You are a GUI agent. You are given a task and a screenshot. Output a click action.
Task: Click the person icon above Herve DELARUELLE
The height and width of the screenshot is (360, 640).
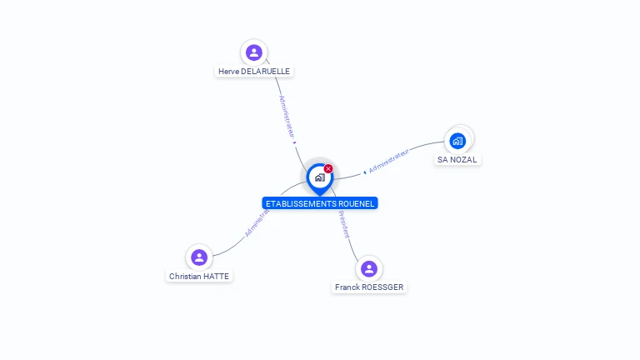coord(254,52)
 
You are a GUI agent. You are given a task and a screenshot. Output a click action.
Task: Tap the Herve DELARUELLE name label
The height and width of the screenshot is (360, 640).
coord(254,72)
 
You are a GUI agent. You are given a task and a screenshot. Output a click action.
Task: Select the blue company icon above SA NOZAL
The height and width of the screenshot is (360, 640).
coord(457,140)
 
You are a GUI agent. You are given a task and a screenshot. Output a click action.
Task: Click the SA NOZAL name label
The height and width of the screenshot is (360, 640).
coord(457,159)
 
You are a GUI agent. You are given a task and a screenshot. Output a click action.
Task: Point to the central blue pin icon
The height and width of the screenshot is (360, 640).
coord(319,177)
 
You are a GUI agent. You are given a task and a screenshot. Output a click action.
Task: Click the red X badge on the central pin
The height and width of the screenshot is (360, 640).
coord(328,169)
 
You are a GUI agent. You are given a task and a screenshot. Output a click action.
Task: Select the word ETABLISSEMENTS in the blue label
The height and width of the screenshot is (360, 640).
coord(298,203)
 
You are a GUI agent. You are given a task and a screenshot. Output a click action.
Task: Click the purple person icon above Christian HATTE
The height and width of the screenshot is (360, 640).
coord(198,257)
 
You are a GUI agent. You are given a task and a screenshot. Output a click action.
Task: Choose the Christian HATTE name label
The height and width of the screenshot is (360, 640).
coord(199,276)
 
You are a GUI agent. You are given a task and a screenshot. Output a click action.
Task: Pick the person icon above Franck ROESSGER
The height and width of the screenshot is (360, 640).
coord(369,268)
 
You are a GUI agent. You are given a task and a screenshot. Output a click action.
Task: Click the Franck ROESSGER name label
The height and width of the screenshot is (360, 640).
coord(369,287)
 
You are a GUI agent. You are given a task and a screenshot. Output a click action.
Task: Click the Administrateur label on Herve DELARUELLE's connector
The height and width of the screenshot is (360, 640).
coord(287,117)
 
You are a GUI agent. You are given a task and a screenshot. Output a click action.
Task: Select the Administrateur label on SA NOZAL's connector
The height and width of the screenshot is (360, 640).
coord(389,162)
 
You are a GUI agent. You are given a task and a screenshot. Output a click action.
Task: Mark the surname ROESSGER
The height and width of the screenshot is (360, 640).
coord(383,287)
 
